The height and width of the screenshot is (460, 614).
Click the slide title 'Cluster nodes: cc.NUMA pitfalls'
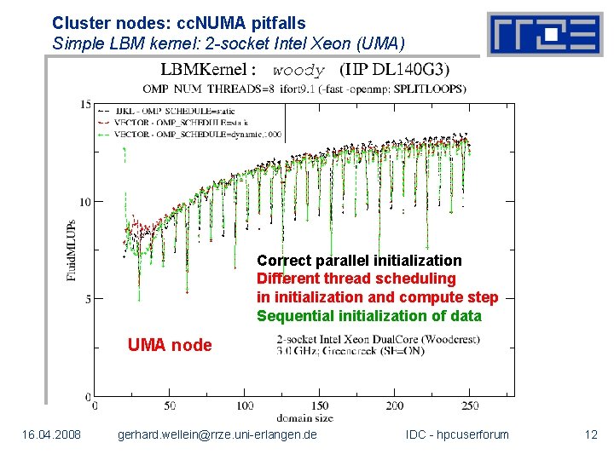pyautogui.click(x=178, y=24)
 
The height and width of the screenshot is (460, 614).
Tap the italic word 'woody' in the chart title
pyautogui.click(x=298, y=71)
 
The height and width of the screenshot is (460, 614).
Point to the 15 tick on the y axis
pyautogui.click(x=85, y=104)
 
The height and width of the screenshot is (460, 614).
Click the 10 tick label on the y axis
pyautogui.click(x=85, y=202)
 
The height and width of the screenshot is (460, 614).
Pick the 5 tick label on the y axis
pyautogui.click(x=88, y=299)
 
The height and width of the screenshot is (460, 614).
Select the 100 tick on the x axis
pyautogui.click(x=245, y=405)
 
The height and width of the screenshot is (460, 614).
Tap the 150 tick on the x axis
pyautogui.click(x=320, y=405)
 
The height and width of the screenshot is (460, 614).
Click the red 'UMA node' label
pyautogui.click(x=170, y=345)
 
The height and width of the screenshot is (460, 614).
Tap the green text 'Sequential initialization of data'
pyautogui.click(x=368, y=316)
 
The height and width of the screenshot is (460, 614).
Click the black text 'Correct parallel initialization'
pyautogui.click(x=359, y=261)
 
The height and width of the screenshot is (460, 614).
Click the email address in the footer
pyautogui.click(x=217, y=435)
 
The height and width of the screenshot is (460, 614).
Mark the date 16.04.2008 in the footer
pyautogui.click(x=52, y=435)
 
